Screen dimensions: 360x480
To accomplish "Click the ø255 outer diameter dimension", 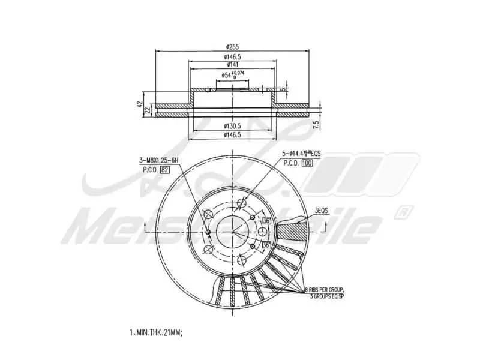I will pos(233,47).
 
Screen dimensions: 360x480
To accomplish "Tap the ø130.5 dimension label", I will pos(233,126).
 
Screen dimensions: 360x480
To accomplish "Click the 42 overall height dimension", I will pos(140,104).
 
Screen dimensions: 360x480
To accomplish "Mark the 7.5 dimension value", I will pos(316,124).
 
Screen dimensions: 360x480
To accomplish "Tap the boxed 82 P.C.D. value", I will pos(164,170).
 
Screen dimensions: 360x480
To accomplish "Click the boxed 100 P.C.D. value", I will pos(308,163).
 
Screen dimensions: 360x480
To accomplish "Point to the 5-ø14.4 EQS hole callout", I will pos(301,154).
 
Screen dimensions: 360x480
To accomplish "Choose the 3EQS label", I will pos(323,211).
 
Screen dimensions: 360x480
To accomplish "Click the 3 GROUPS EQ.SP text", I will pos(329,296).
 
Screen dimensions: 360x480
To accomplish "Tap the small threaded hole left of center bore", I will pos(208,233).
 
